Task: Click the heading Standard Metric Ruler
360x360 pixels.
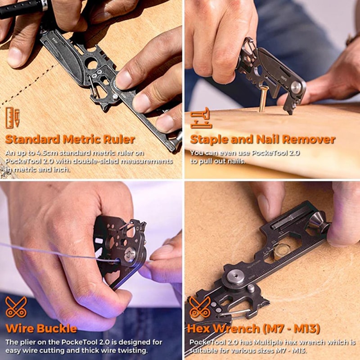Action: point(70,139)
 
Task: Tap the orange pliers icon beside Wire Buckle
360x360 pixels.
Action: point(16,307)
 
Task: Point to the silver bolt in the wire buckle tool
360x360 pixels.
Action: point(130,255)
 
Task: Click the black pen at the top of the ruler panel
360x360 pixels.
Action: point(22,8)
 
